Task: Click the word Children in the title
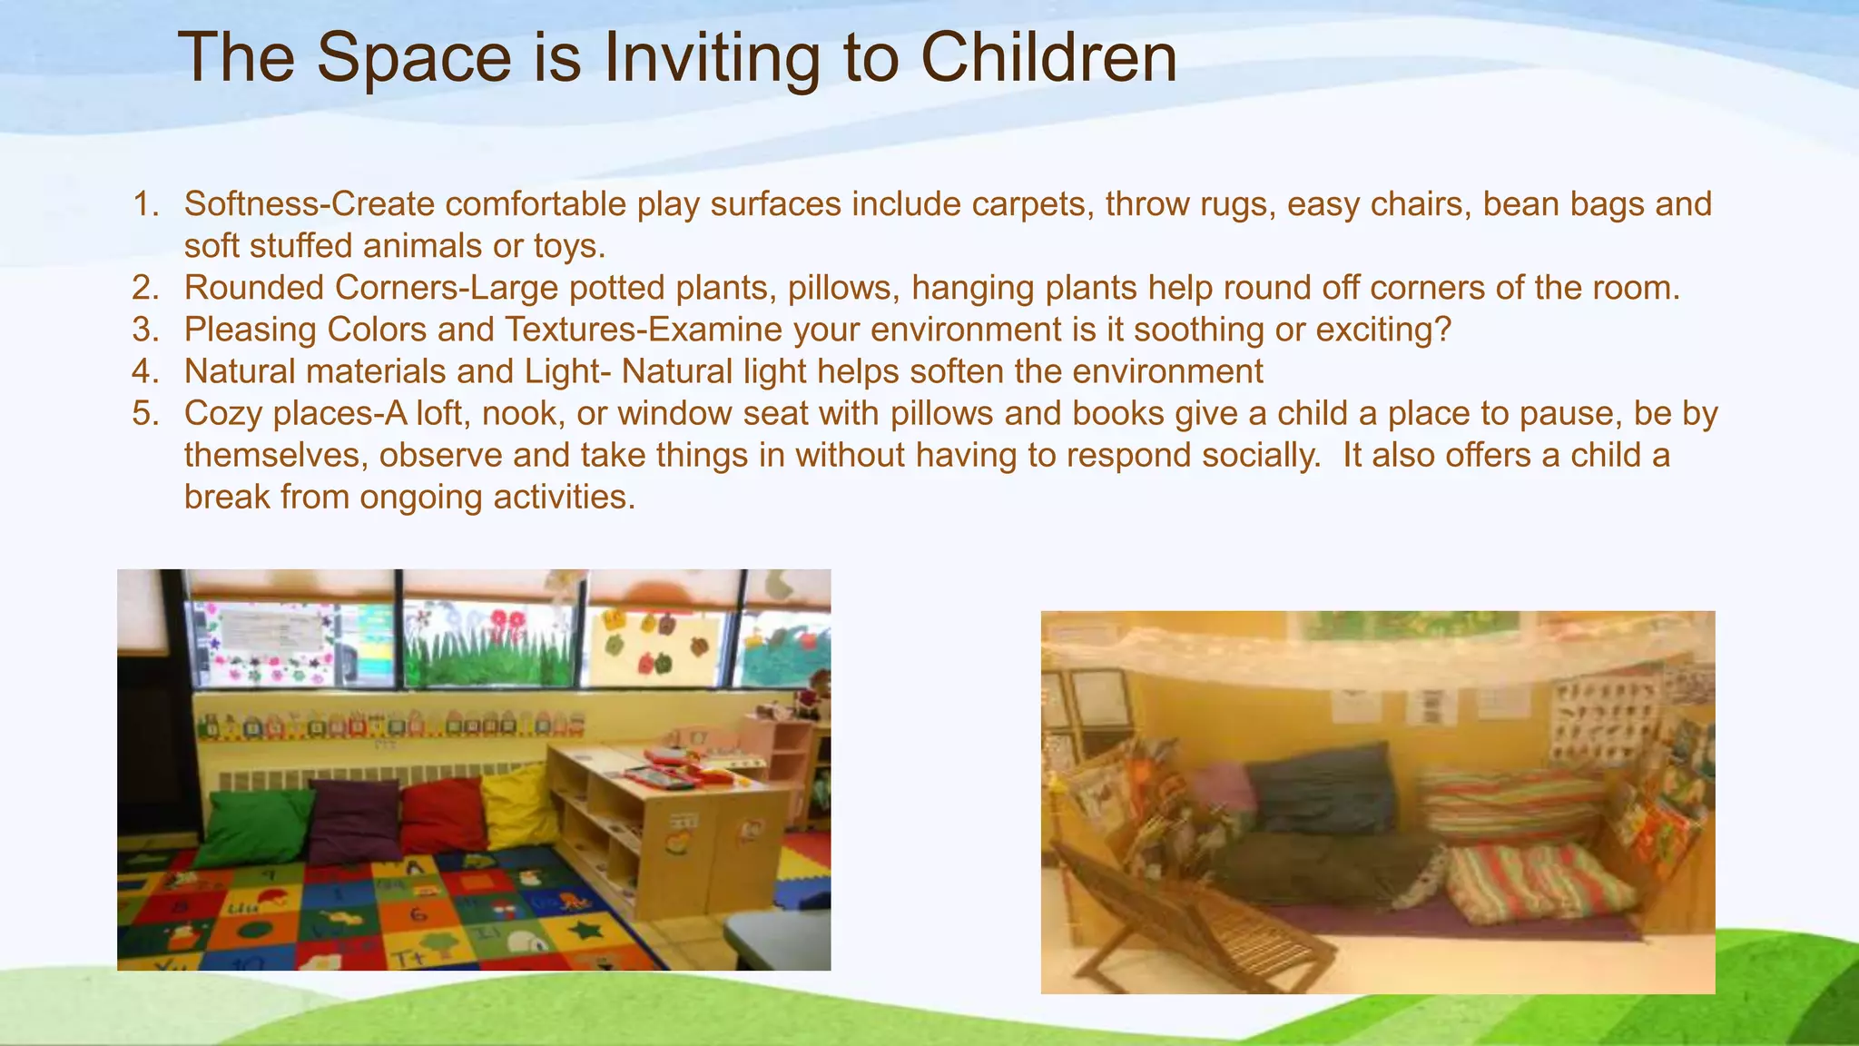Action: point(1048,58)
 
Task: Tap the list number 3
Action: point(144,330)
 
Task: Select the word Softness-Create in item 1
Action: point(310,204)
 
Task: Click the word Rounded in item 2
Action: point(254,288)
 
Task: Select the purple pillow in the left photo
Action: point(354,817)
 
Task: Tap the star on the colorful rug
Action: point(585,930)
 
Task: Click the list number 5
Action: point(144,413)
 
